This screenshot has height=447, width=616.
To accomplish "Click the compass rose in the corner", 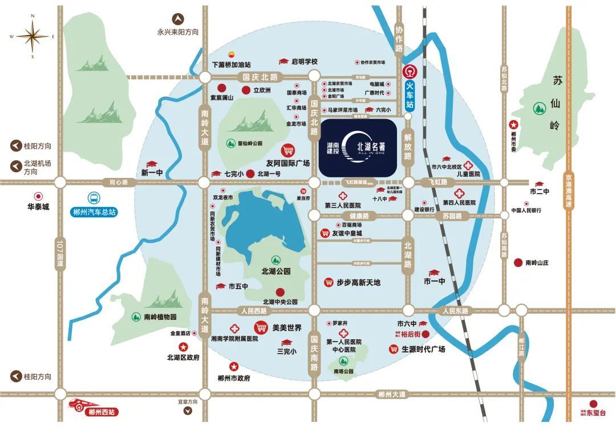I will click(x=33, y=36).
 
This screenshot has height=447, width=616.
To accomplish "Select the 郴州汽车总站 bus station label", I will click(x=95, y=212).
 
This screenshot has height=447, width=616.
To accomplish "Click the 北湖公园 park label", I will click(x=275, y=271).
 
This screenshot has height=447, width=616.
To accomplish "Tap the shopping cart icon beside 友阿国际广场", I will click(x=289, y=150).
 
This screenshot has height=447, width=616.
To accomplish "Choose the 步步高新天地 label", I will click(x=358, y=282).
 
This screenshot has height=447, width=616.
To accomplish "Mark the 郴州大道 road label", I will click(x=394, y=394).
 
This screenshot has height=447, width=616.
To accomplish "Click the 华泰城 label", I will click(x=38, y=207).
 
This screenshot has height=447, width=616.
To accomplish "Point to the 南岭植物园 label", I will click(x=160, y=317).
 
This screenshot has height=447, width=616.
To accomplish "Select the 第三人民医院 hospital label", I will click(x=343, y=205).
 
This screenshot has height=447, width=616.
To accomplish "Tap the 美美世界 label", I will click(x=286, y=328).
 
